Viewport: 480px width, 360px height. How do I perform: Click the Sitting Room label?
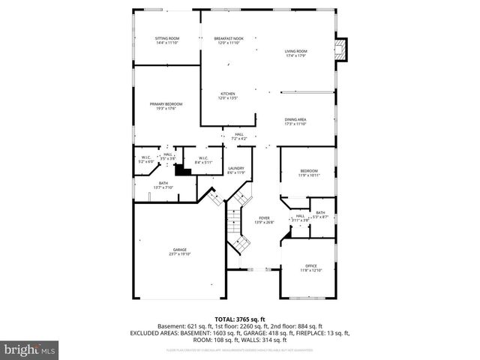[x=167, y=40]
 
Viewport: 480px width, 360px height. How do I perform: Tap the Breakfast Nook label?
[x=228, y=40]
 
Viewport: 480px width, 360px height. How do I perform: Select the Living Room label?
[x=295, y=53]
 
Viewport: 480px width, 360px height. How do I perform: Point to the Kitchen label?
[x=228, y=96]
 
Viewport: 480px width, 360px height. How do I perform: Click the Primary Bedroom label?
[x=166, y=106]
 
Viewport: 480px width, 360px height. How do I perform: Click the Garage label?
[x=179, y=251]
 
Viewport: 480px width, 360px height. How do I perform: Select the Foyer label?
[x=264, y=220]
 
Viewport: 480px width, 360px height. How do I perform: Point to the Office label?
[x=311, y=268]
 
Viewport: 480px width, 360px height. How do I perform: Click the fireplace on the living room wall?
[x=343, y=50]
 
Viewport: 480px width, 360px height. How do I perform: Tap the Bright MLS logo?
[x=30, y=349]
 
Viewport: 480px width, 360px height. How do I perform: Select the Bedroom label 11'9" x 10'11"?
[x=310, y=172]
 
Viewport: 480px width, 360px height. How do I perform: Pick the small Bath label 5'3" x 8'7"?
[x=320, y=214]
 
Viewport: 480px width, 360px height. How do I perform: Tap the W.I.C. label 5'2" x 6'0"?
[x=146, y=159]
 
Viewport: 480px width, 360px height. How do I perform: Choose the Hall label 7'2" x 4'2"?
[x=238, y=136]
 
